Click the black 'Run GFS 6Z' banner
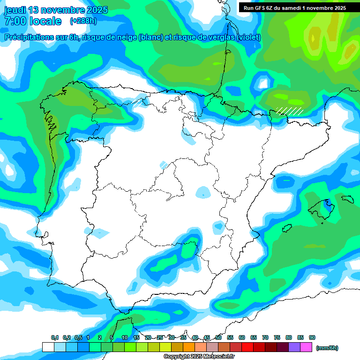tap(294, 7)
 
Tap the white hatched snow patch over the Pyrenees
tap(289, 111)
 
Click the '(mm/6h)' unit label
tap(327, 348)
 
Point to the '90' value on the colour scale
tap(312, 337)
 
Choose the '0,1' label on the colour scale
tap(55, 337)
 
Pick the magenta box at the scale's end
tap(307, 347)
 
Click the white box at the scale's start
tap(48, 347)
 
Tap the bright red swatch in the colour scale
tap(247, 347)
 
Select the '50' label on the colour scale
tap(218, 337)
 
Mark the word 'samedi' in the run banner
tap(299, 7)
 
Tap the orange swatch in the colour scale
tap(189, 347)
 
